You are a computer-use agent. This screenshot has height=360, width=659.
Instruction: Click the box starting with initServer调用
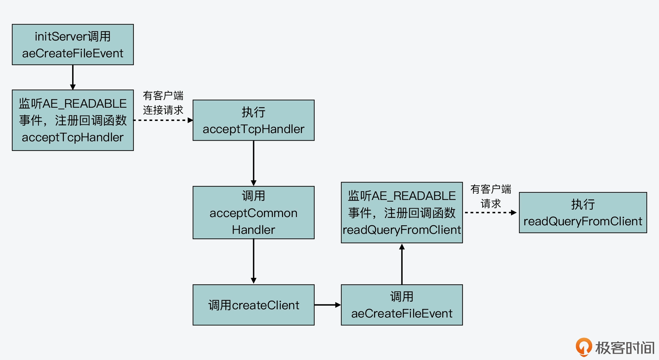pyautogui.click(x=73, y=44)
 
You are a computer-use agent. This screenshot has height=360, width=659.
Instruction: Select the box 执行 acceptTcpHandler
pyautogui.click(x=253, y=120)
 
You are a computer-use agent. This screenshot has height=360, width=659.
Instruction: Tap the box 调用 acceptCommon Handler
pyautogui.click(x=253, y=212)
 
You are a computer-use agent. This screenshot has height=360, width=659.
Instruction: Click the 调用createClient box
pyautogui.click(x=253, y=305)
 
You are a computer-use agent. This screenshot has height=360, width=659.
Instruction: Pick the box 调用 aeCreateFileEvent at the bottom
pyautogui.click(x=402, y=305)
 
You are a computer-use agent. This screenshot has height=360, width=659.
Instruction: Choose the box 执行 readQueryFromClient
pyautogui.click(x=583, y=212)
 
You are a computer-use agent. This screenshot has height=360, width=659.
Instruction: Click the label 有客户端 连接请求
pyautogui.click(x=163, y=103)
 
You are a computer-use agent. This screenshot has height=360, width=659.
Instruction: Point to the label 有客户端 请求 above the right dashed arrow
pyautogui.click(x=491, y=196)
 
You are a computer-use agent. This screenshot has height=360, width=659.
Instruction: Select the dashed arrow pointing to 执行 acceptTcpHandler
pyautogui.click(x=163, y=120)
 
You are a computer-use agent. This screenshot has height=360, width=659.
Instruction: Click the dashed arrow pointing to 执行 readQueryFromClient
pyautogui.click(x=490, y=212)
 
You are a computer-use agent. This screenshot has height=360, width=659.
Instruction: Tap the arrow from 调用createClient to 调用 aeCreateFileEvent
pyautogui.click(x=328, y=305)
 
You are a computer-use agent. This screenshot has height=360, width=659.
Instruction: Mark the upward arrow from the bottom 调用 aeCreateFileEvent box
pyautogui.click(x=402, y=263)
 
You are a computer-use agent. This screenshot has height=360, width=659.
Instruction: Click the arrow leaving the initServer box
pyautogui.click(x=73, y=77)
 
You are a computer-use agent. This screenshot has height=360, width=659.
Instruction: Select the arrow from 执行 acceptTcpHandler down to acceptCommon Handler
pyautogui.click(x=253, y=163)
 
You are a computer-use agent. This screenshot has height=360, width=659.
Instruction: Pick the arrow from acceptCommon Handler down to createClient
pyautogui.click(x=253, y=261)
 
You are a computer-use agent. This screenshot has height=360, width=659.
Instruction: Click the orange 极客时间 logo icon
pyautogui.click(x=584, y=347)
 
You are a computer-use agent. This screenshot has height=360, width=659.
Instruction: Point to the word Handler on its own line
pyautogui.click(x=253, y=230)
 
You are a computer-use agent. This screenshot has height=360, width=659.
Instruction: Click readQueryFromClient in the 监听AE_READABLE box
pyautogui.click(x=402, y=230)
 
